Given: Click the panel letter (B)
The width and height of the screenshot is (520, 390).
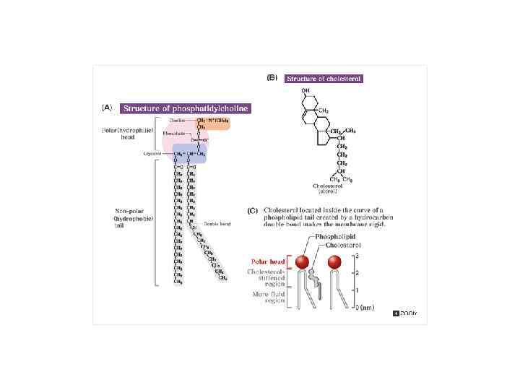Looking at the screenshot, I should click(272, 77).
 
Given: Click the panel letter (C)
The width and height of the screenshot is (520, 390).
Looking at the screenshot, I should click(252, 211).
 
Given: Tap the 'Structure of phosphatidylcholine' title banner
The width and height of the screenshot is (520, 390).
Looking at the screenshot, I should click(185, 108).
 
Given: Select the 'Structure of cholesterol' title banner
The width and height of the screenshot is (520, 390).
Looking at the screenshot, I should click(324, 78).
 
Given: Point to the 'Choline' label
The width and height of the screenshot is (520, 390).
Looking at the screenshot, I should click(177, 120).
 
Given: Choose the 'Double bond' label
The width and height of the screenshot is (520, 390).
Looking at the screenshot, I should click(216, 223).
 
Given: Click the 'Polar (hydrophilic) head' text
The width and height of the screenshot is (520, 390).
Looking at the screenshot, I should click(127, 134).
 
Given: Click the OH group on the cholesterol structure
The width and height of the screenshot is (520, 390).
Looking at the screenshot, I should click(306, 90).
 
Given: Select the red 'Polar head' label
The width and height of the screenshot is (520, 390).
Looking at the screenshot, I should click(267, 261).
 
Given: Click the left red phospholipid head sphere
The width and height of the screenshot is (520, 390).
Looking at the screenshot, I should click(302, 261).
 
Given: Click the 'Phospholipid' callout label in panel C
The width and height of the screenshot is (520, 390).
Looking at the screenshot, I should click(336, 237).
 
